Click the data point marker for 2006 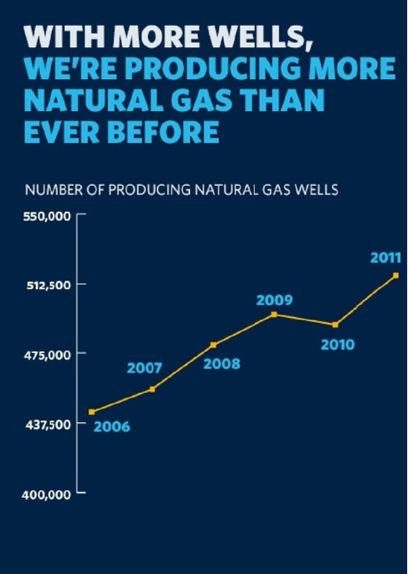tap(92, 412)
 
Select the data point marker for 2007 tap(153, 389)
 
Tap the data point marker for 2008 tap(214, 345)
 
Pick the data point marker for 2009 tap(274, 314)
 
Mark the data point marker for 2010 tap(335, 325)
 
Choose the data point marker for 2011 tap(396, 275)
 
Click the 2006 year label tap(112, 427)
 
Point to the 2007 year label tap(144, 369)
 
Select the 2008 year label tap(222, 364)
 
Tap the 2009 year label tap(274, 300)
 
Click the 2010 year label tap(338, 345)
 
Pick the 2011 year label tap(386, 258)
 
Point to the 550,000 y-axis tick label tap(47, 217)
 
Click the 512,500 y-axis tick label tap(48, 285)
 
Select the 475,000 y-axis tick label tap(48, 354)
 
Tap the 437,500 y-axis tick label tap(48, 424)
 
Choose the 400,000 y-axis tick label tap(46, 495)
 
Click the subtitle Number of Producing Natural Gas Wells tap(182, 191)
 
